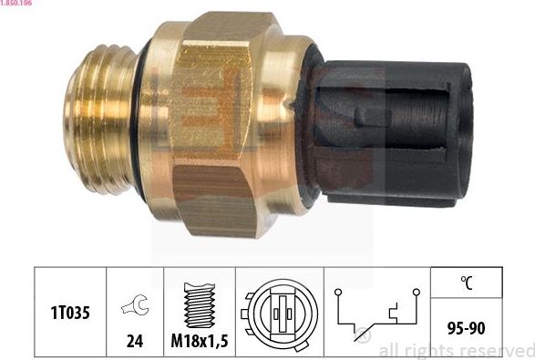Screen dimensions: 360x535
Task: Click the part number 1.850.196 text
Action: click(16, 4)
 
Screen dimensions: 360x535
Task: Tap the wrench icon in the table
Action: click(134, 308)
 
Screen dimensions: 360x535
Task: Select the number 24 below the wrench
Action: click(135, 343)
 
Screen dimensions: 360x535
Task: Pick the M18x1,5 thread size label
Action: click(199, 343)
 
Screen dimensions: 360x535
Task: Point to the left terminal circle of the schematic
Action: click(337, 292)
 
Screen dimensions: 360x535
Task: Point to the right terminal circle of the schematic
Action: click(415, 292)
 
